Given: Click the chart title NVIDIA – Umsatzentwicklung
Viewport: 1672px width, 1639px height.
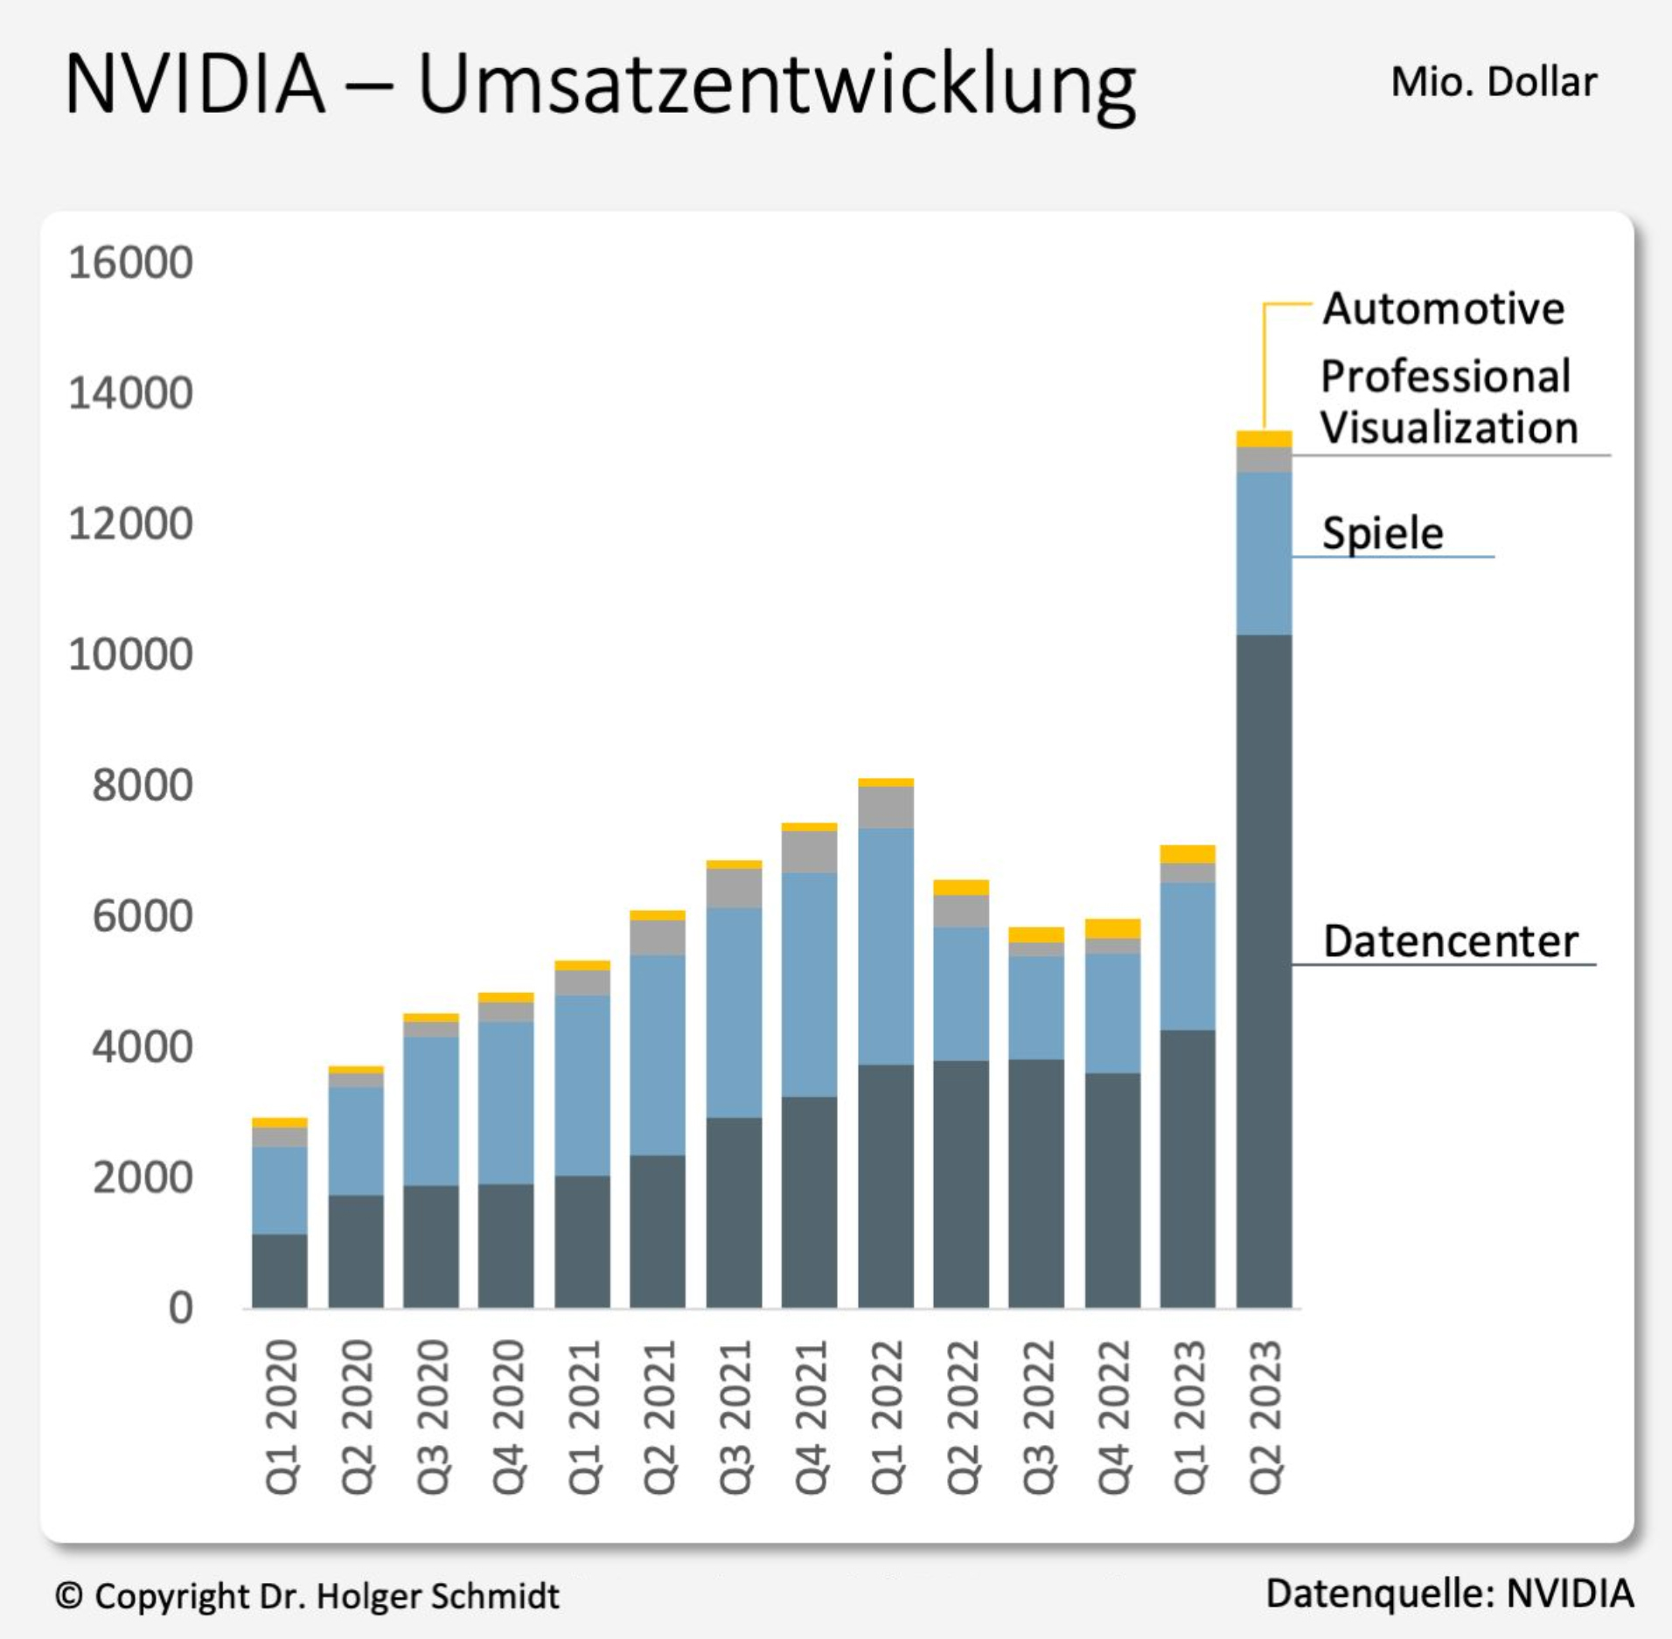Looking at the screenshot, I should [x=600, y=85].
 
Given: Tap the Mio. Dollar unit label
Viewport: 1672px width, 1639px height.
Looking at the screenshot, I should [x=1494, y=82].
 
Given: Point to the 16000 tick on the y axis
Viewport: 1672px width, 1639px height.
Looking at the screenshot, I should [x=130, y=262].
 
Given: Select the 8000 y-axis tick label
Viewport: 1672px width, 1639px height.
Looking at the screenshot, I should [x=142, y=785].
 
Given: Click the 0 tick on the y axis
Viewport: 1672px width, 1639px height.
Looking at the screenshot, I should [x=180, y=1308].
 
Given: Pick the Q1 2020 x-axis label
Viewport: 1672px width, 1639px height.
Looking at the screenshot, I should [x=282, y=1416].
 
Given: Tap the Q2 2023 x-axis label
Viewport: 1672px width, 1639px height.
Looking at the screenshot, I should [x=1264, y=1416].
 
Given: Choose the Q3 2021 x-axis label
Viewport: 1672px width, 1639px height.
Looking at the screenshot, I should [x=735, y=1416].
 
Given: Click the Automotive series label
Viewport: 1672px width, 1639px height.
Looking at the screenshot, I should [x=1443, y=309].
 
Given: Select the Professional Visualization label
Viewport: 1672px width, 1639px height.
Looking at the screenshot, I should [x=1448, y=402].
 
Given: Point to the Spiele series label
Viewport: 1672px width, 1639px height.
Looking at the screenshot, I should [x=1383, y=533].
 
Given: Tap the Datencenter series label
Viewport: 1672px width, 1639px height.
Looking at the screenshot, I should [x=1450, y=941].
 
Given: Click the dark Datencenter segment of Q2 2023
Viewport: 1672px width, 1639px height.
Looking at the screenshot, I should [x=1264, y=970].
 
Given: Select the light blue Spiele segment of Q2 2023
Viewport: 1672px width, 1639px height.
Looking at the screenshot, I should [x=1264, y=552].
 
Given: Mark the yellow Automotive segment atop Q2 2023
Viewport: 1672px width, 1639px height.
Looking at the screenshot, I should [x=1264, y=439].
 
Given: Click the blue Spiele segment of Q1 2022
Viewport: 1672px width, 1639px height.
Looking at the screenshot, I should [x=886, y=946].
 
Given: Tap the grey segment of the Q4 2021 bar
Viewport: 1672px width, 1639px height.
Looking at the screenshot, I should [x=809, y=851].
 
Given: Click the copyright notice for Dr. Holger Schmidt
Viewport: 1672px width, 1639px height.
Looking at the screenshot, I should [x=307, y=1596].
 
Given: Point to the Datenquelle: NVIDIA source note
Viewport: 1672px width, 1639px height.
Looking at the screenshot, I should [x=1449, y=1594].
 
